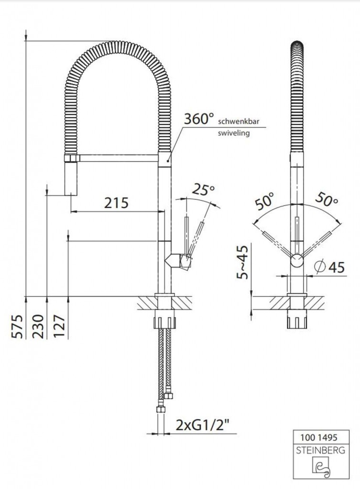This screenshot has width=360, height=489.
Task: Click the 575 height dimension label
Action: [x=18, y=326]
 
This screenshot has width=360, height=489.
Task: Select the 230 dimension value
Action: [x=38, y=326]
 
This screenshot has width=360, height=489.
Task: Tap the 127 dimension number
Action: [x=59, y=326]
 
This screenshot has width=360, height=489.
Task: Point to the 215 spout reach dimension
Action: [x=116, y=202]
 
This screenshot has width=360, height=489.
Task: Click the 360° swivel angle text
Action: [x=199, y=119]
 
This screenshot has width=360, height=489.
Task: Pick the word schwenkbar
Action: [x=238, y=122]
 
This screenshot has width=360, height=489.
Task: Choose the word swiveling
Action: [x=234, y=133]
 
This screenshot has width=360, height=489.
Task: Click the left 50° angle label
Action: [x=265, y=201]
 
